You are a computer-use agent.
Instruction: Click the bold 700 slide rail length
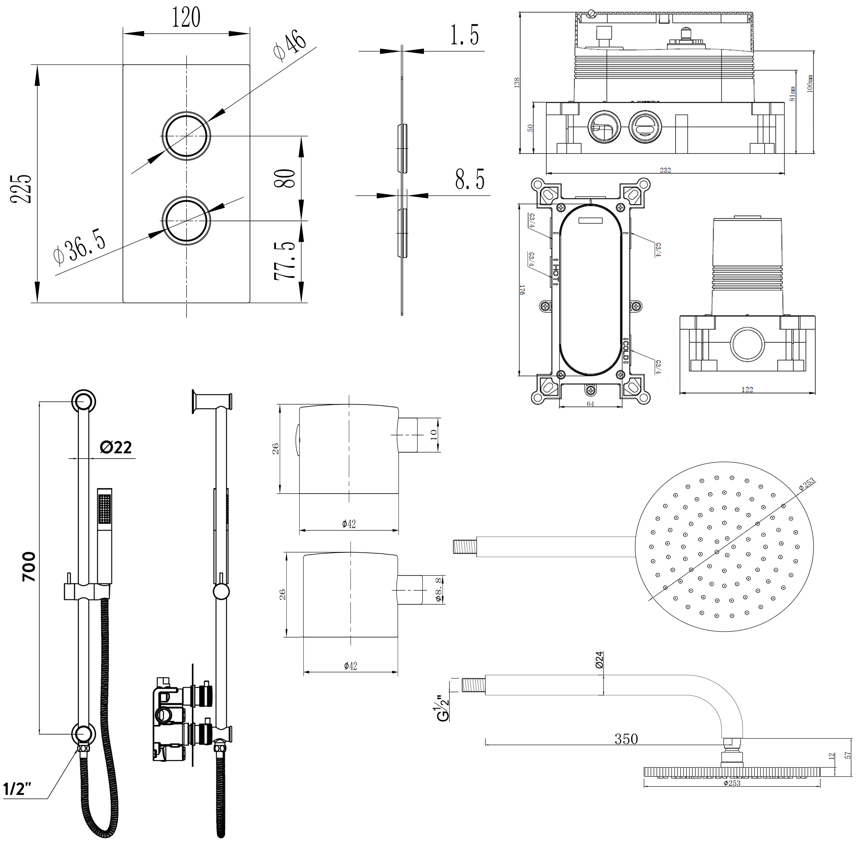click(30, 567)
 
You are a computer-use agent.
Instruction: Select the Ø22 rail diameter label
click(116, 447)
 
